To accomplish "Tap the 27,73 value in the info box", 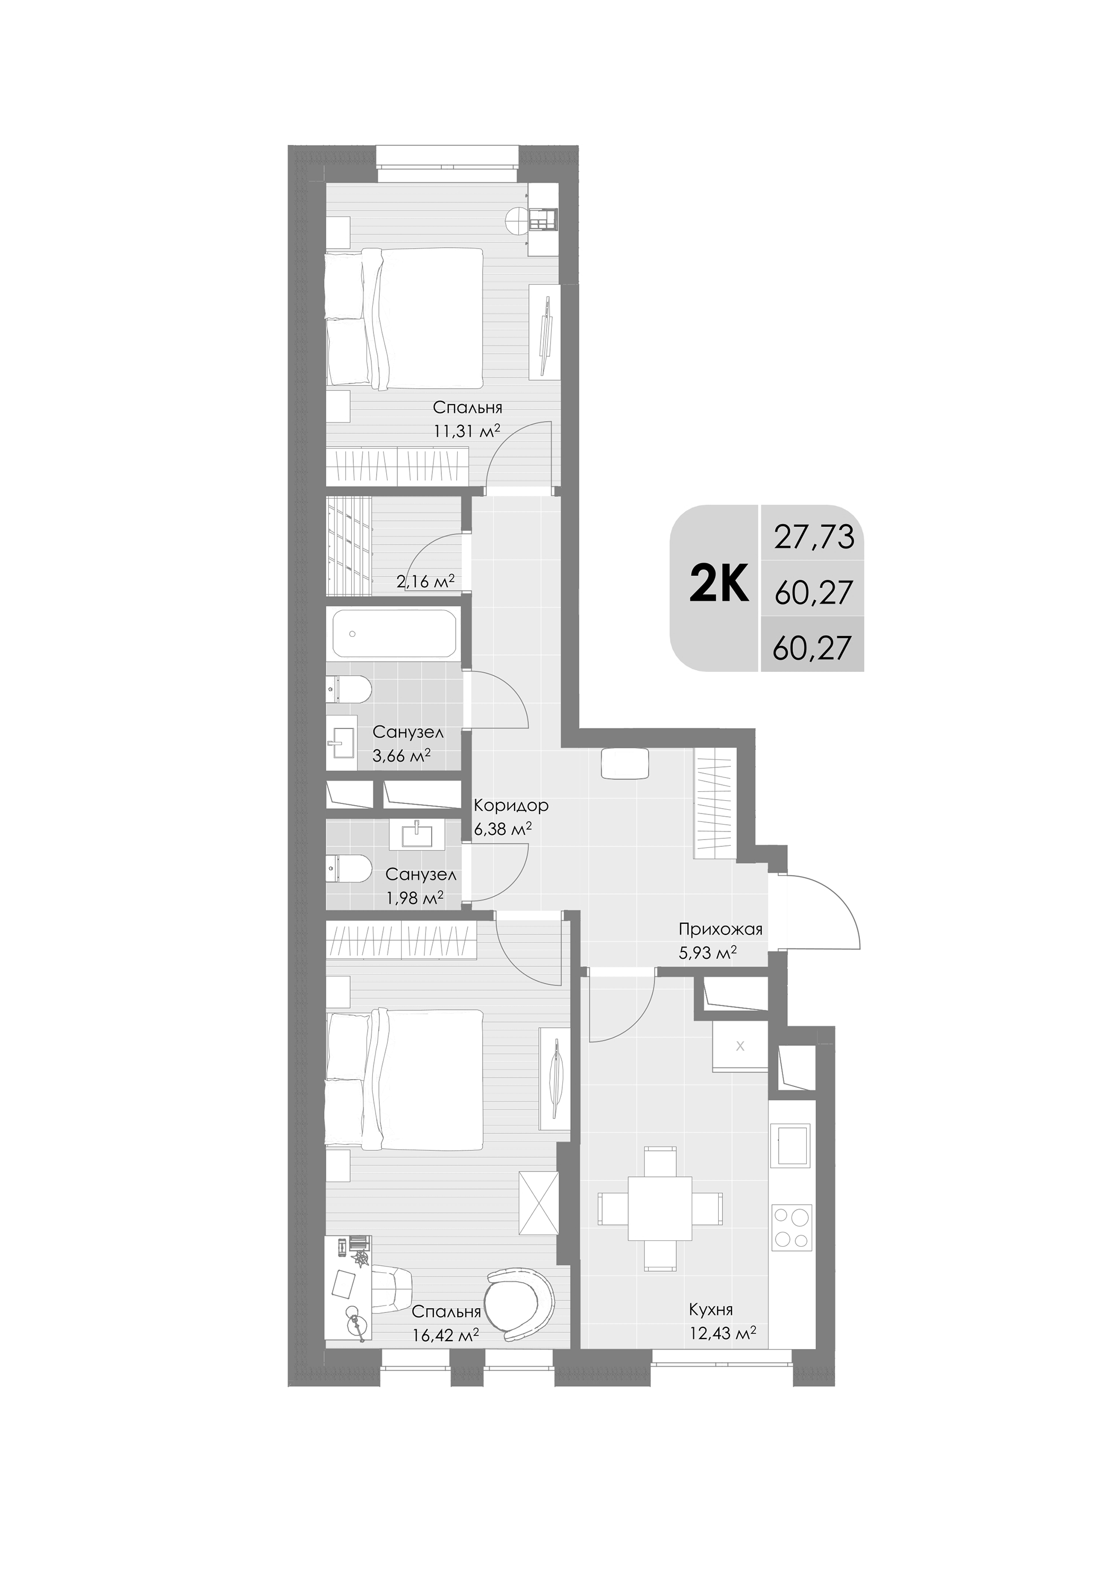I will tap(814, 537).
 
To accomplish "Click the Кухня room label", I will tap(711, 1309).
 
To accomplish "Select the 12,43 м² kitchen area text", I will tap(722, 1333).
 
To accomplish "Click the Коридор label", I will tap(511, 806).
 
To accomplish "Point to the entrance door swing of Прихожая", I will tap(824, 912).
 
